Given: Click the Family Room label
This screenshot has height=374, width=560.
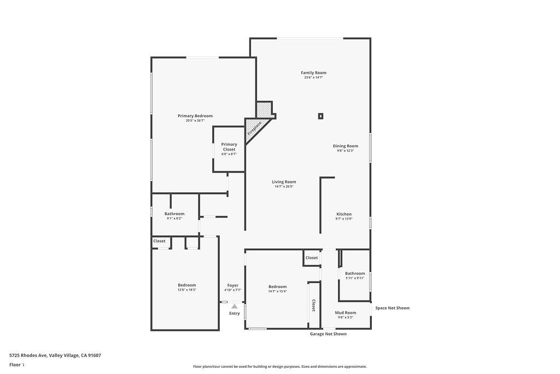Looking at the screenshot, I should pyautogui.click(x=313, y=73).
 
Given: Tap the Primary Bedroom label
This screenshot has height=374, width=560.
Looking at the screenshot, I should pyautogui.click(x=195, y=116).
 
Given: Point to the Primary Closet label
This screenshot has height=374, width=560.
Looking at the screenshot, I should pyautogui.click(x=229, y=147).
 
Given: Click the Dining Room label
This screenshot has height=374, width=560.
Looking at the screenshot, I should pyautogui.click(x=345, y=146).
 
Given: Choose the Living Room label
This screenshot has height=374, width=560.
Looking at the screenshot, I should pyautogui.click(x=284, y=182).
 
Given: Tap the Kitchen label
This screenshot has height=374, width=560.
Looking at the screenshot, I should pyautogui.click(x=343, y=214).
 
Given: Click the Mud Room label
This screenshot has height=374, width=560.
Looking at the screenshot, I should pyautogui.click(x=345, y=313).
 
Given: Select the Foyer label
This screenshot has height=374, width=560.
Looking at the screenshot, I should pyautogui.click(x=232, y=285).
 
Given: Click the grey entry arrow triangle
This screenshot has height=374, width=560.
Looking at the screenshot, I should pyautogui.click(x=234, y=306).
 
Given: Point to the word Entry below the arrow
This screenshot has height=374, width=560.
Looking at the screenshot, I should pyautogui.click(x=234, y=313).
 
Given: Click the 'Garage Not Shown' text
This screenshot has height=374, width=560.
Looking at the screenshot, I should pyautogui.click(x=328, y=334).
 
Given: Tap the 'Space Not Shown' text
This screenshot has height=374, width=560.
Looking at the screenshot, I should pyautogui.click(x=392, y=308).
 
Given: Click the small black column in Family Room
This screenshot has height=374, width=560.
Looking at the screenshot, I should pyautogui.click(x=320, y=116).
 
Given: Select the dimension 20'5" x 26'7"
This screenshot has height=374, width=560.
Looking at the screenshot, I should pyautogui.click(x=195, y=120).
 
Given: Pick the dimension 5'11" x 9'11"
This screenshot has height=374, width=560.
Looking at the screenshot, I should pyautogui.click(x=354, y=278).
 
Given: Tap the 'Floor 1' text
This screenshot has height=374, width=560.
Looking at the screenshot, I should pyautogui.click(x=16, y=364).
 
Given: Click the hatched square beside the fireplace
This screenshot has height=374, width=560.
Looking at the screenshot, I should pyautogui.click(x=264, y=109).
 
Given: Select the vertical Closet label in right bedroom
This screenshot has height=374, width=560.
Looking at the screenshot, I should pyautogui.click(x=313, y=305).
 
